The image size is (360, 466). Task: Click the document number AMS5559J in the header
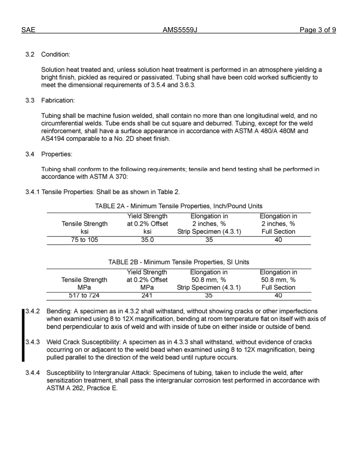click(x=180, y=30)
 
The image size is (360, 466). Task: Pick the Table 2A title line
click(x=178, y=206)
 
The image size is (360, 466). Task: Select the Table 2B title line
click(x=178, y=262)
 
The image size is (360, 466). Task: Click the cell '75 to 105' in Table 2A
click(x=85, y=240)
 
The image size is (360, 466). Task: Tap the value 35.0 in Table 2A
click(x=147, y=240)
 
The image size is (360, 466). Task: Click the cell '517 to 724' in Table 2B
click(x=85, y=296)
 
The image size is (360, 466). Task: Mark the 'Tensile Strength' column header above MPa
click(x=84, y=280)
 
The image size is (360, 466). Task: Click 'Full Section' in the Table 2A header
click(x=278, y=231)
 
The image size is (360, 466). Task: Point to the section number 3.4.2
click(x=33, y=311)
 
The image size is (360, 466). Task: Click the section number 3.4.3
click(x=33, y=342)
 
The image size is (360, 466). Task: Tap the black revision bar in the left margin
click(x=23, y=335)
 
